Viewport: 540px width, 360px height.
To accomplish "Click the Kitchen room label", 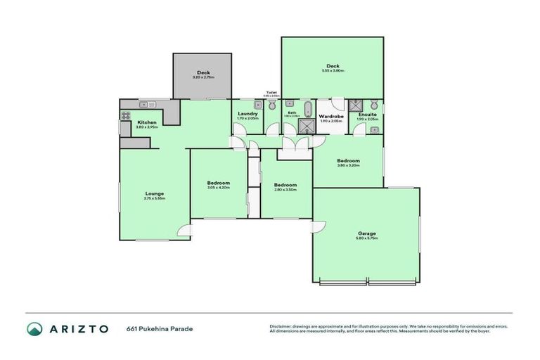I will tap(147, 122).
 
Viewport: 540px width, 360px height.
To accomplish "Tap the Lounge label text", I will tap(155, 194).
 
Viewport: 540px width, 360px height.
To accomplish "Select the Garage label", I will tap(366, 233).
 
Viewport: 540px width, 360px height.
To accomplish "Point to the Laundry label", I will tap(247, 114).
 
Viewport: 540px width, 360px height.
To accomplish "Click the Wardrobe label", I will tap(330, 116).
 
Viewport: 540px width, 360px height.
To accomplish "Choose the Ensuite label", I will tap(367, 114).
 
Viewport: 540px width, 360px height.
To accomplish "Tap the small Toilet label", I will tap(271, 92).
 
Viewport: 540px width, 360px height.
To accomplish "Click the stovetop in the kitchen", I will tap(127, 116).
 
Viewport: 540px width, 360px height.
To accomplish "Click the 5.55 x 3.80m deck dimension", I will tap(333, 71).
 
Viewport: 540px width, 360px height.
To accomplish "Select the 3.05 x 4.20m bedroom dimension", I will tap(218, 187).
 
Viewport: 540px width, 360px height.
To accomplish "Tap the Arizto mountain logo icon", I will tap(35, 328).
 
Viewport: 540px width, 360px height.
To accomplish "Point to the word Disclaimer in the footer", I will tap(281, 326).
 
